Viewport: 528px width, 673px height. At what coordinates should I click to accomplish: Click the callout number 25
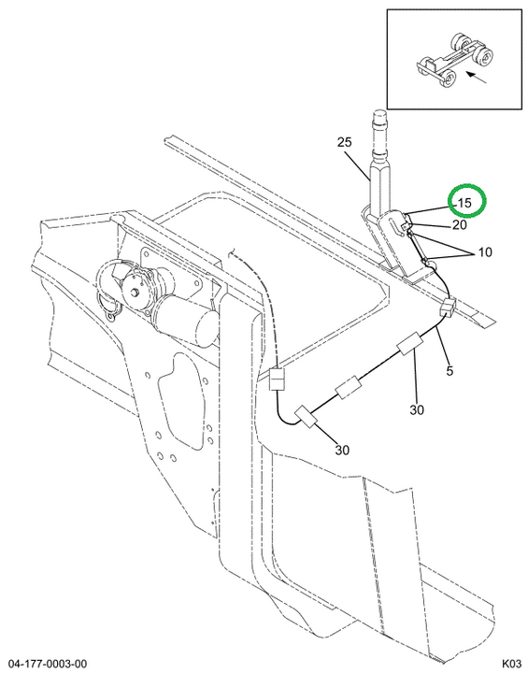click(344, 142)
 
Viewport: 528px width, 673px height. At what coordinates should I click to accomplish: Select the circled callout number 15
click(464, 203)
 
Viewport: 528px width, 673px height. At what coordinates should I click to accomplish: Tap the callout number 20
click(460, 224)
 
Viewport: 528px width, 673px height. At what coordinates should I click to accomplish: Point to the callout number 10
click(485, 252)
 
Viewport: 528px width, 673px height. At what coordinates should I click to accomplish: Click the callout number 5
click(450, 370)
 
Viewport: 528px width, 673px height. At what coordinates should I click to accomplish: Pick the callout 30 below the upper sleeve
click(417, 410)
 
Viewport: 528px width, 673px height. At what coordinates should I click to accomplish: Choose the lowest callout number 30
click(342, 450)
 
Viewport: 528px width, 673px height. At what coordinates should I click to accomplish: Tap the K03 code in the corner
click(511, 664)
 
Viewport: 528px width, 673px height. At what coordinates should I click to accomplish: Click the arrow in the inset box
click(477, 78)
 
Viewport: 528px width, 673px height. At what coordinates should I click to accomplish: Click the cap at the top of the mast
click(379, 115)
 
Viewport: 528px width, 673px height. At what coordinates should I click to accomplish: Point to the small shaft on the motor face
click(136, 294)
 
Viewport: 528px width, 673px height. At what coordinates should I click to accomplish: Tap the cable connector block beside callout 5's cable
click(447, 308)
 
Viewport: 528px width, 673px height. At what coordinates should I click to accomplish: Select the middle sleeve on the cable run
click(348, 387)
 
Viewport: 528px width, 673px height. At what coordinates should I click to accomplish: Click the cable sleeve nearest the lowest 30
click(306, 416)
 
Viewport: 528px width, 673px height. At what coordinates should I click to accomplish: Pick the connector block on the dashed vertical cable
click(277, 379)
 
